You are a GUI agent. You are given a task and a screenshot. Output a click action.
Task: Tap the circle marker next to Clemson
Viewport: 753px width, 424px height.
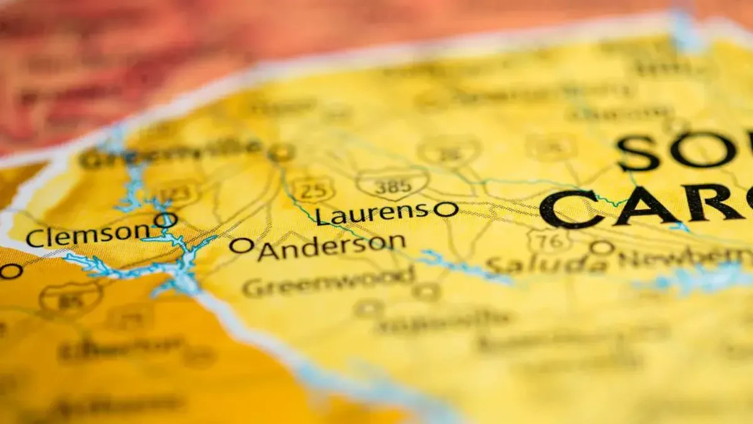(x=165, y=220)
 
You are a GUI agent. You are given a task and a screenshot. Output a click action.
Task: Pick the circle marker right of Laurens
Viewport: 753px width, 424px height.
(x=446, y=209)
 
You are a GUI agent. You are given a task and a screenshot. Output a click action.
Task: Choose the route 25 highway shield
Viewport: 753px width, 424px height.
(x=311, y=189)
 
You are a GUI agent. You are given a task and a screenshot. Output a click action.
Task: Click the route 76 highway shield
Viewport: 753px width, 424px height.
(x=549, y=241)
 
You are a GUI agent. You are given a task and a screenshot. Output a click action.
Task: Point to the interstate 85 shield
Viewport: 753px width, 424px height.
(x=70, y=300)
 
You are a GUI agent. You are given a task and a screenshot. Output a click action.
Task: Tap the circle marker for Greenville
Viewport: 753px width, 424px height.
(x=280, y=152)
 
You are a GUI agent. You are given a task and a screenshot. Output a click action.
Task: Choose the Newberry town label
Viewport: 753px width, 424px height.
(x=684, y=258)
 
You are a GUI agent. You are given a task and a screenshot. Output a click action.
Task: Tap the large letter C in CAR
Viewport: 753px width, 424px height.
(x=568, y=209)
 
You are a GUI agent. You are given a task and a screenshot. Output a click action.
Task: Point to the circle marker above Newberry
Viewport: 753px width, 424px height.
(x=602, y=247)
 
